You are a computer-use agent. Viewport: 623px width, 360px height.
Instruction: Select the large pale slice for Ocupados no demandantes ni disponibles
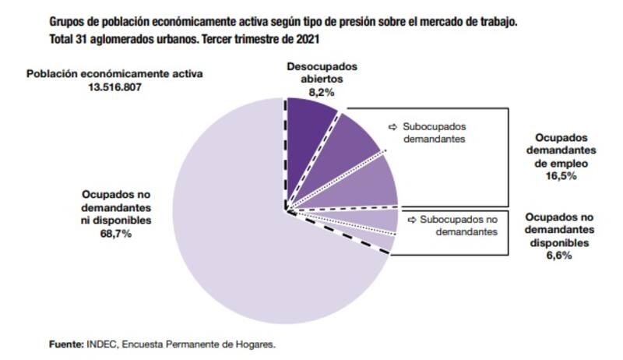click(x=226, y=249)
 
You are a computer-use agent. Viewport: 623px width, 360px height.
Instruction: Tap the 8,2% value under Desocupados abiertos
click(x=309, y=91)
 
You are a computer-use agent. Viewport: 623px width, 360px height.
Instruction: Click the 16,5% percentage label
click(x=561, y=177)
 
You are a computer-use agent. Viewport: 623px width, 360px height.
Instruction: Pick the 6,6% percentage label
click(x=560, y=255)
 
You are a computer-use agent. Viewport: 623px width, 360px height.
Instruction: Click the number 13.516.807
click(x=114, y=86)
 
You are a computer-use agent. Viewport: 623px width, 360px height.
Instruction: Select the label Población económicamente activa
click(x=114, y=74)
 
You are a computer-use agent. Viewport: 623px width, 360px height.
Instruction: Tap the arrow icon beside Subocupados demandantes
click(x=392, y=126)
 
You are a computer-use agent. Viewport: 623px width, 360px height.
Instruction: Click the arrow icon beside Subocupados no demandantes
click(x=411, y=220)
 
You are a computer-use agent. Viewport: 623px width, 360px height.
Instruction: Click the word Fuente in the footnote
click(x=66, y=343)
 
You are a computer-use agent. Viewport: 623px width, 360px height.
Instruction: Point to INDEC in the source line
click(x=100, y=343)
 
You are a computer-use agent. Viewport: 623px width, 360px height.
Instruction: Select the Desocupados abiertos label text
click(x=309, y=73)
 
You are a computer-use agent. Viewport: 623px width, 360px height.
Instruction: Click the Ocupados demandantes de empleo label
click(x=561, y=153)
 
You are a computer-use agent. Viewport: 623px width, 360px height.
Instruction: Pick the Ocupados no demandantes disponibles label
click(x=560, y=230)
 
